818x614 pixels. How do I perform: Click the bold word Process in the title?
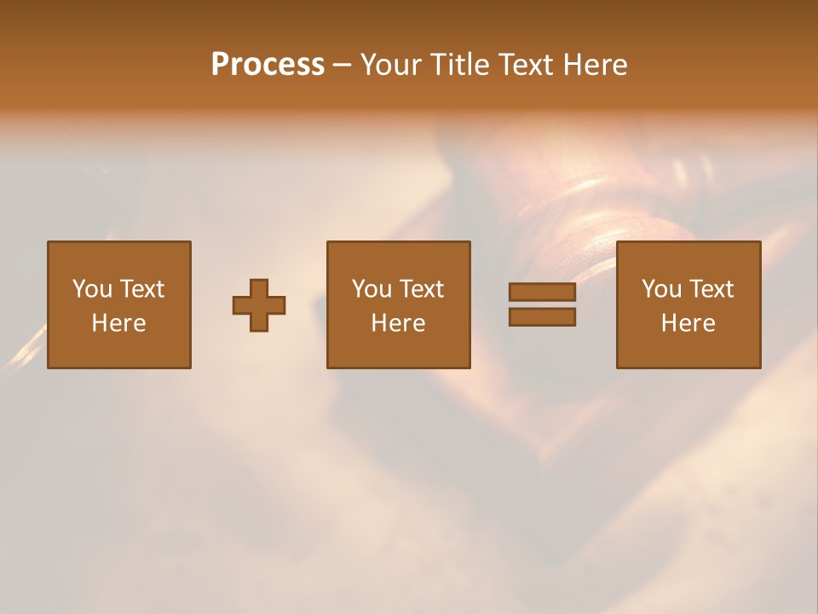(268, 65)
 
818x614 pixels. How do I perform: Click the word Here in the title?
(597, 65)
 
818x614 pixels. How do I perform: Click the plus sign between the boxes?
(259, 305)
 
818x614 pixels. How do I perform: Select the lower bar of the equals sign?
(542, 317)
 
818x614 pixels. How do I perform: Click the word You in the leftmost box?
(92, 289)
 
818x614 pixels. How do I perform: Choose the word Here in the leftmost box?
(118, 323)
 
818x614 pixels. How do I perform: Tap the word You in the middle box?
(372, 289)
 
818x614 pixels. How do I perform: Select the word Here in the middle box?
(398, 323)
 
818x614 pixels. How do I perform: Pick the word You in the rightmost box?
(661, 289)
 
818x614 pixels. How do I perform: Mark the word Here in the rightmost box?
(688, 323)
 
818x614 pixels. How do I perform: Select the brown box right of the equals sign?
(688, 350)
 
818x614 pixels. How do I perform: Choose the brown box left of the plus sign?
(118, 350)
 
